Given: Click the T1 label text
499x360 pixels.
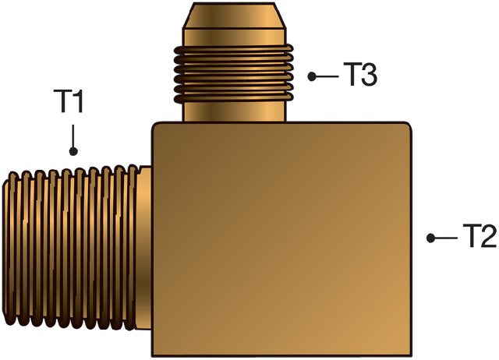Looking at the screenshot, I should click(69, 102).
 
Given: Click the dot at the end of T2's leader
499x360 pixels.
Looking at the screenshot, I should click(430, 238).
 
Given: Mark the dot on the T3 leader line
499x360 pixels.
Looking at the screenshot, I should click(312, 76).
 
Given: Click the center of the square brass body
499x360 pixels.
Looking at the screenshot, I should click(281, 238).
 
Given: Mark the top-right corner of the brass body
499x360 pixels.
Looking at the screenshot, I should click(408, 125).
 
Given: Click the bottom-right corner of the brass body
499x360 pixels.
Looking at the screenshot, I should click(408, 351).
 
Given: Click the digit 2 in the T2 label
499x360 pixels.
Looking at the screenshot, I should click(488, 237).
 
